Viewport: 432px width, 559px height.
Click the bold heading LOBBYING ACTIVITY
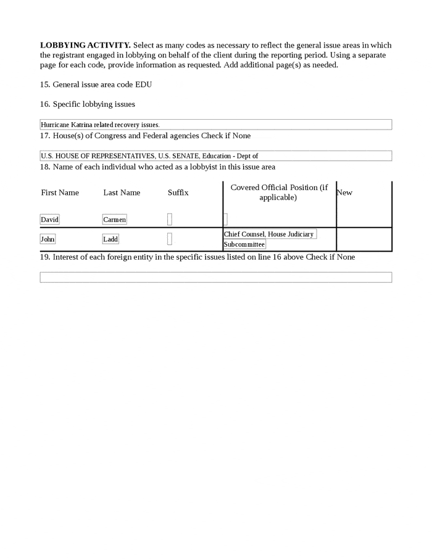coord(85,46)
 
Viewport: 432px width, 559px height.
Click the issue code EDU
coord(143,85)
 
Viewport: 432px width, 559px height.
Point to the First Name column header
coord(60,193)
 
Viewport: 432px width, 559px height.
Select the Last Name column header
coord(122,193)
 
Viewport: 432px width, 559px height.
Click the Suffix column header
coord(178,193)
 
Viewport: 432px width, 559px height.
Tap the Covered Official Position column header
coord(279,193)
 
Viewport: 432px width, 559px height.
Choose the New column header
coord(344,193)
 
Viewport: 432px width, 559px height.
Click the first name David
coord(49,220)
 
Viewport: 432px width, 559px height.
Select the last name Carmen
coord(114,220)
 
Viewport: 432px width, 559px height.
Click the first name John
coord(48,239)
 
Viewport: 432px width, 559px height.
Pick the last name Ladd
coord(110,239)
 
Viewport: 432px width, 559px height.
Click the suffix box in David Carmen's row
coord(170,220)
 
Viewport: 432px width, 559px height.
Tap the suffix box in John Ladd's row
coord(170,239)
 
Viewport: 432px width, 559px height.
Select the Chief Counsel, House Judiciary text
coord(269,234)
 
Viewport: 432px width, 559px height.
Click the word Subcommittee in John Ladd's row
coord(244,245)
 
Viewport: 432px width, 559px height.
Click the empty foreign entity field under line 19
coord(215,278)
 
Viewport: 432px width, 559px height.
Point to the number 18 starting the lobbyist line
coord(44,167)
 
